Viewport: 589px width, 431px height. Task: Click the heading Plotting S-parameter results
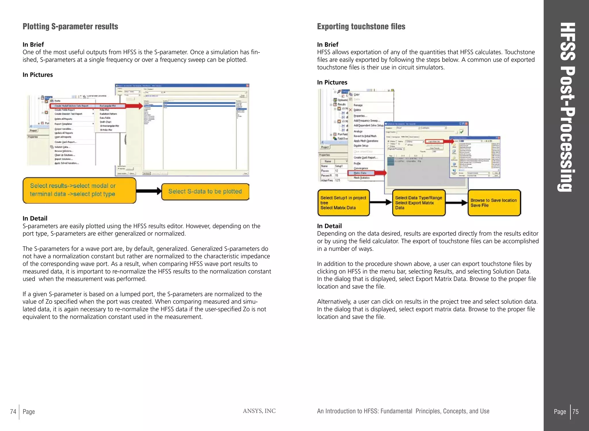70,26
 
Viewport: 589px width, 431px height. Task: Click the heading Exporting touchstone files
361,26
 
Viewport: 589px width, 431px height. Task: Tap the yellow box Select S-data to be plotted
205,191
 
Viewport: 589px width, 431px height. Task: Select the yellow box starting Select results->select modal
79,190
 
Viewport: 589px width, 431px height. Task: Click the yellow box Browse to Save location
494,203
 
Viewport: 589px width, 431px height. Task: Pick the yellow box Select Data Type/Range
418,203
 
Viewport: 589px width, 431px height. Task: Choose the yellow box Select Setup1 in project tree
343,203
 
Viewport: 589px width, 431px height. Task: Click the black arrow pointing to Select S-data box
149,191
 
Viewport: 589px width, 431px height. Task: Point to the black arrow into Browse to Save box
456,203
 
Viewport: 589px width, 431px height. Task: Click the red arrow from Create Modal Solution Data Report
134,106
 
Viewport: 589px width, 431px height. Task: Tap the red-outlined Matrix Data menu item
361,173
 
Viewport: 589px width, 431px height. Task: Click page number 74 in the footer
13,411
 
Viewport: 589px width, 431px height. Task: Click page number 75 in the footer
575,411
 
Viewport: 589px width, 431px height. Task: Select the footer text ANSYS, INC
259,411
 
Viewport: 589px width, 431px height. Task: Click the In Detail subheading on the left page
35,218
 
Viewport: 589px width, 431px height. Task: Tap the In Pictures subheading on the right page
332,82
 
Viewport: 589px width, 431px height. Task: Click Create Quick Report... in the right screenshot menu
365,157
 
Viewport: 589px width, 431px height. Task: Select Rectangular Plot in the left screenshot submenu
108,106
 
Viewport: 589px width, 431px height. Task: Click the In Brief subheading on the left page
33,44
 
